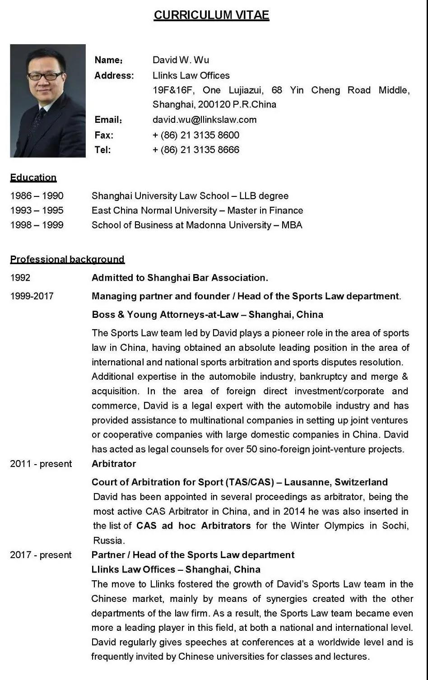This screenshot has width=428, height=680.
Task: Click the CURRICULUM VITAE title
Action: click(211, 15)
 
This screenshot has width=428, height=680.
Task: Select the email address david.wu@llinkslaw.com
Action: click(205, 120)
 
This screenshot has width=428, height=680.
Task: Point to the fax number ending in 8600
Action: click(196, 135)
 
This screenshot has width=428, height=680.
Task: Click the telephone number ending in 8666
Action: click(196, 150)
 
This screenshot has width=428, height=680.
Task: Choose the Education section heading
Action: click(33, 177)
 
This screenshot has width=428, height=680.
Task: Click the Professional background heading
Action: click(67, 259)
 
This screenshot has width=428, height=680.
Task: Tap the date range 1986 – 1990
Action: click(37, 196)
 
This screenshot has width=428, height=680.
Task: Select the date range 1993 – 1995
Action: click(37, 210)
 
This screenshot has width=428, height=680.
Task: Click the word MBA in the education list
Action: click(292, 225)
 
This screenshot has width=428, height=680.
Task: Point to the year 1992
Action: click(20, 278)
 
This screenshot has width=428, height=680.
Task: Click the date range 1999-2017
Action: click(32, 296)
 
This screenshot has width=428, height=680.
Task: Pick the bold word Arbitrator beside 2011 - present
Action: click(114, 464)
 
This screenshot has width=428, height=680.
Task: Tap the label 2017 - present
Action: click(41, 555)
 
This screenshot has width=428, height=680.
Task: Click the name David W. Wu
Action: click(181, 60)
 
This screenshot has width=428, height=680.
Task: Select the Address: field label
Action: click(114, 75)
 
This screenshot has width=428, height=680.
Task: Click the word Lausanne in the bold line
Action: click(307, 482)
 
